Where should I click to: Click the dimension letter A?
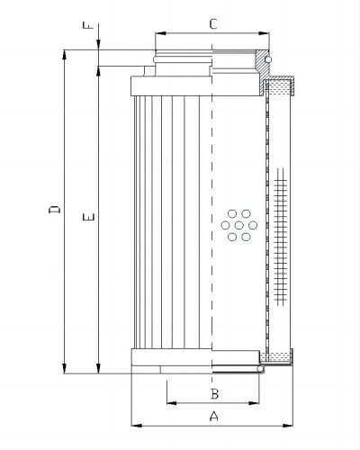(x=213, y=416)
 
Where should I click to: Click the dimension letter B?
(x=214, y=393)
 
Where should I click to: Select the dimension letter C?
(x=213, y=24)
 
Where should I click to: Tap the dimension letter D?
(x=54, y=210)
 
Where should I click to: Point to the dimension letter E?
(x=89, y=217)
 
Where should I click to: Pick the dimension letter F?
(x=88, y=25)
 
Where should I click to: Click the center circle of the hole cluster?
(x=239, y=225)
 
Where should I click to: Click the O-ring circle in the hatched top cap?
(x=268, y=59)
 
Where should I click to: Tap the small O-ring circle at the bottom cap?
(x=260, y=369)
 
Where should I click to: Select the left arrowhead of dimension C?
(x=160, y=33)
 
